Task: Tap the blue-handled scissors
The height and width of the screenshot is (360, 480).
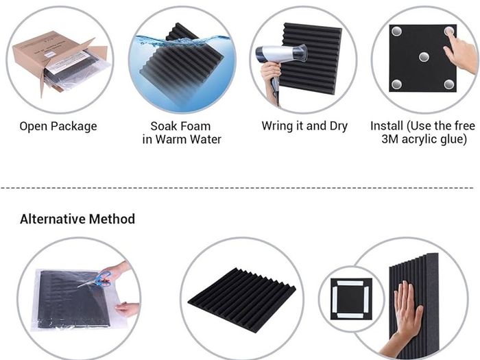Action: (x=97, y=280)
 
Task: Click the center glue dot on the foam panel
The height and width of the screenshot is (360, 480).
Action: (x=424, y=57)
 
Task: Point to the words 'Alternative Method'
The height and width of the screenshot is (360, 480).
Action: (x=77, y=219)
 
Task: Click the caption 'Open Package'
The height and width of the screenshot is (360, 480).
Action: (x=58, y=126)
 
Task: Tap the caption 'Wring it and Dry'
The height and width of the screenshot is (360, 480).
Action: (x=304, y=125)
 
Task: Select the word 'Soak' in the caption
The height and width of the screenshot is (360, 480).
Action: (x=163, y=126)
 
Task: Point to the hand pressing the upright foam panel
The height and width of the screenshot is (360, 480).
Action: (x=403, y=318)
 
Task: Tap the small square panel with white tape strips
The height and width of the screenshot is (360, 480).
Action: (x=351, y=299)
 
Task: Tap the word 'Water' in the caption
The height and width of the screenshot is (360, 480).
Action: (x=206, y=139)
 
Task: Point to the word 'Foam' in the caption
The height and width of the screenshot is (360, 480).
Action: (x=195, y=126)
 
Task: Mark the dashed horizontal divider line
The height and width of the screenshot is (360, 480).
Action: (x=237, y=188)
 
